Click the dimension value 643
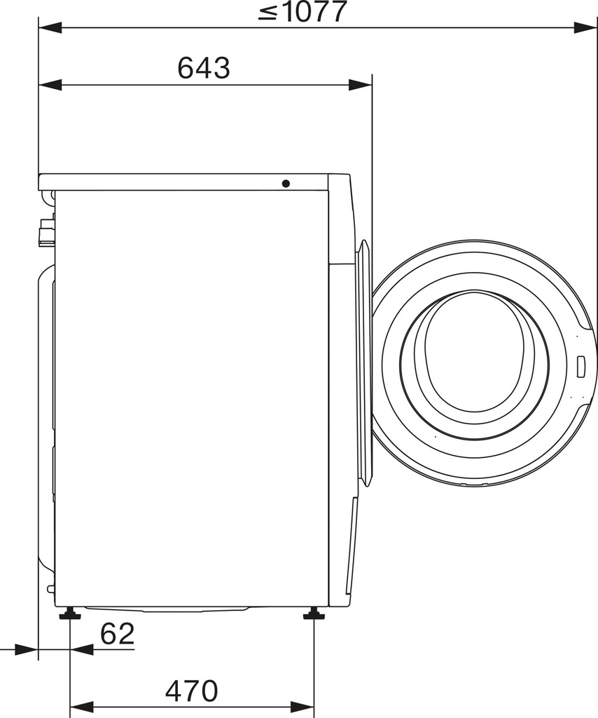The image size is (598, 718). [204, 68]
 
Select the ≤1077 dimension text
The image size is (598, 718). [303, 13]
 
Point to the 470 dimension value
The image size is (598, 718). [192, 691]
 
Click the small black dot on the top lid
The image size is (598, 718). [286, 184]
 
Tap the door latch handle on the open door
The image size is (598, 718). [580, 365]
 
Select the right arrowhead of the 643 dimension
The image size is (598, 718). [360, 85]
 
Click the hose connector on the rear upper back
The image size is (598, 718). [46, 232]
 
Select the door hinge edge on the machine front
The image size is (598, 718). [363, 365]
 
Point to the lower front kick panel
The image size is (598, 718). [352, 547]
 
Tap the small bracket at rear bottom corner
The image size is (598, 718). [50, 588]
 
